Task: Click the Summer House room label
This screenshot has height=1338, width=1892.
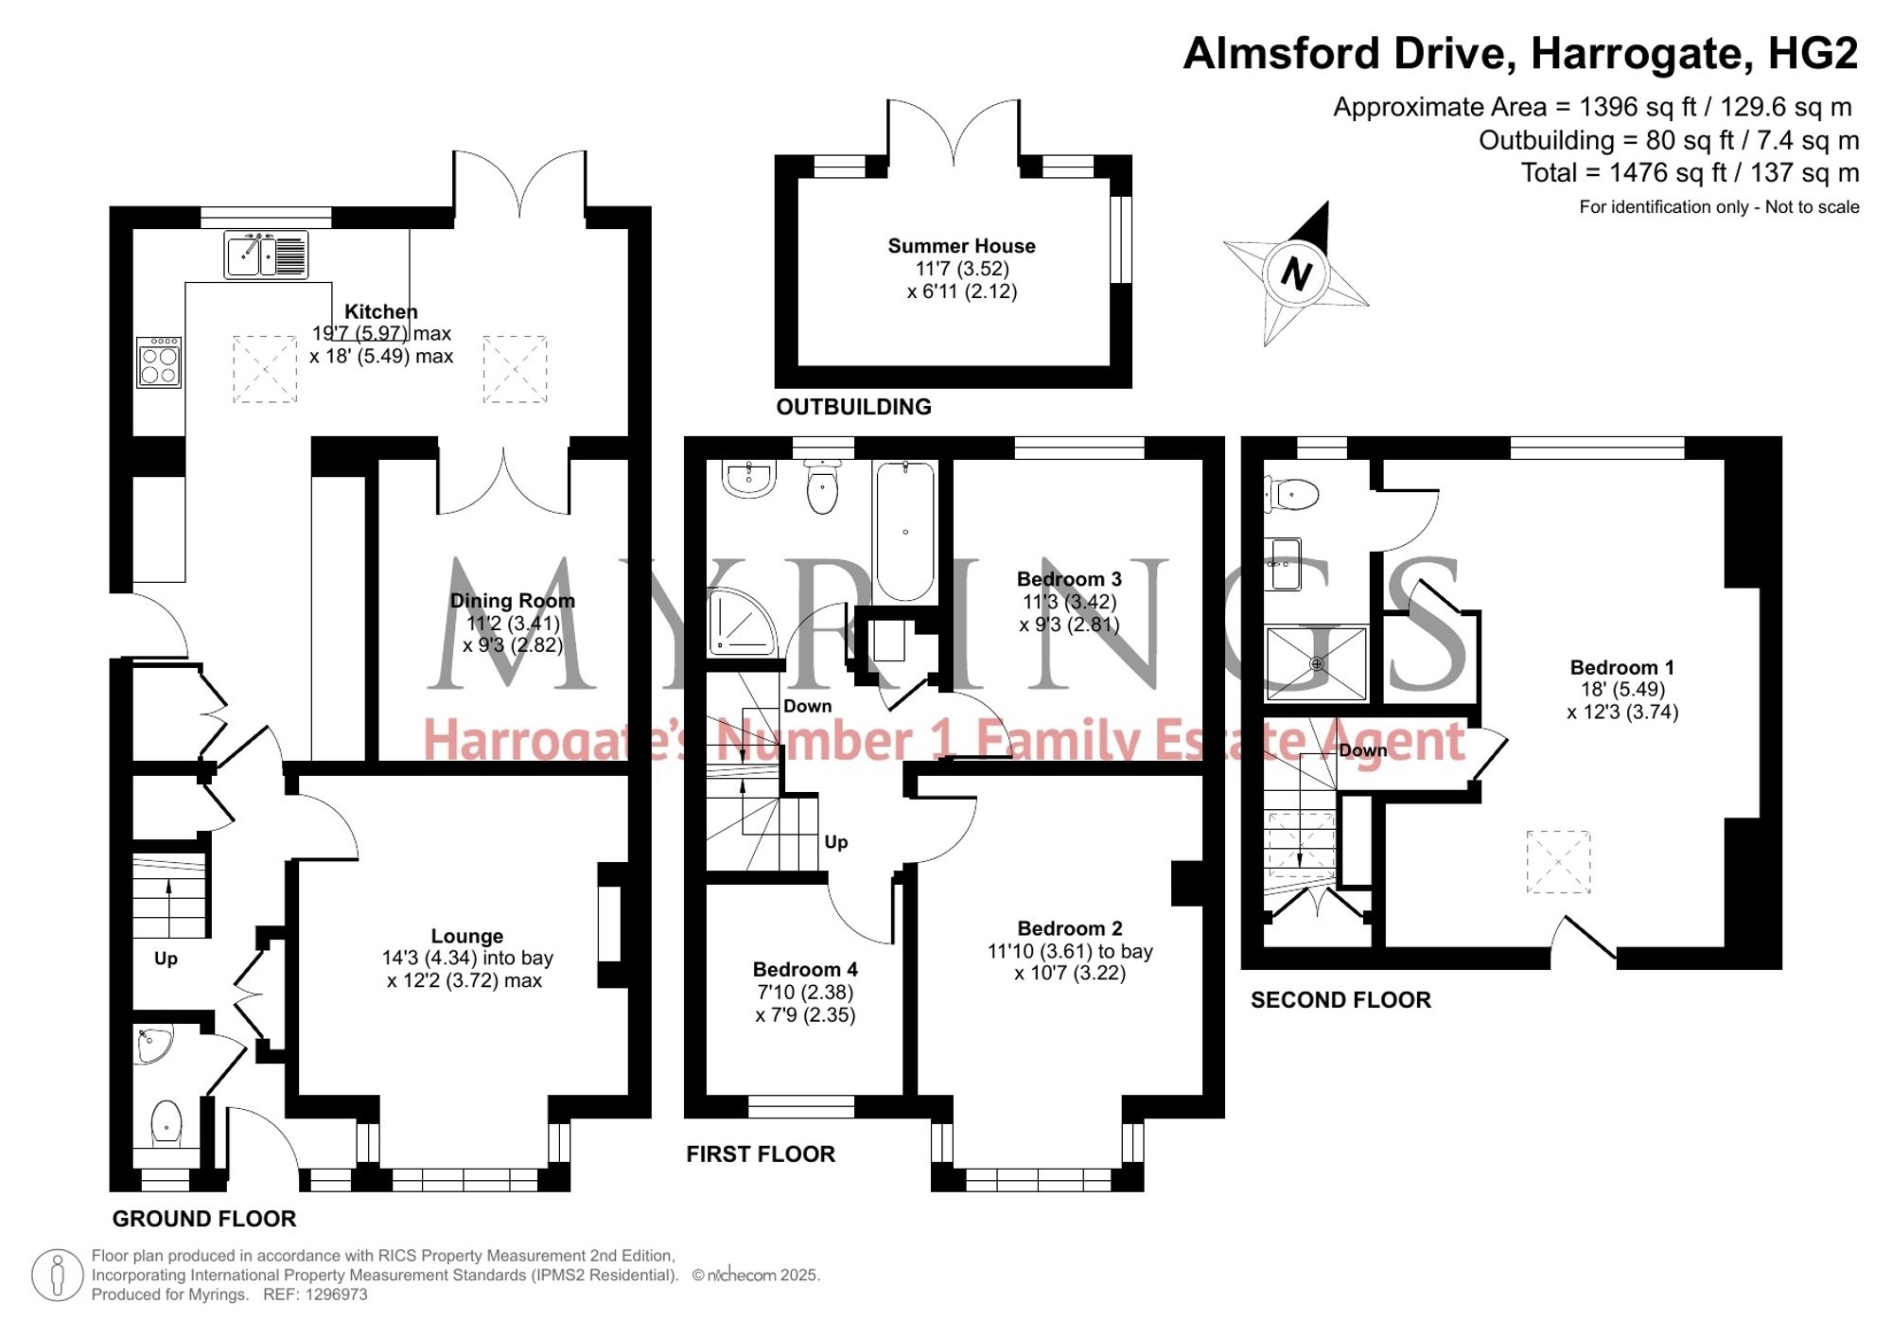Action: coord(961,246)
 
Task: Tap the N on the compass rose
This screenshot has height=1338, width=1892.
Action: coord(1296,274)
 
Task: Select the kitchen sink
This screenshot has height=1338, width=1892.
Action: coord(266,255)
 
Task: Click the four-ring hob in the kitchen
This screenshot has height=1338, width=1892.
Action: coord(159,362)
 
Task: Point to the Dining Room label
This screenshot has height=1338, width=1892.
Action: coord(513,601)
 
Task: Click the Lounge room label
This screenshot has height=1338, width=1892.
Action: coord(467,936)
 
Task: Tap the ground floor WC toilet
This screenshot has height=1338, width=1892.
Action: coord(166,1123)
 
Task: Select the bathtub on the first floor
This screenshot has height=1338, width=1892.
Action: coord(905,531)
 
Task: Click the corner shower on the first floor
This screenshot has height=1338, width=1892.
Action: coord(742,621)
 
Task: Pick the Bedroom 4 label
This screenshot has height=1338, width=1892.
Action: coord(805,970)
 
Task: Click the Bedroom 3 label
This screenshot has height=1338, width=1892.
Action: coord(1069,579)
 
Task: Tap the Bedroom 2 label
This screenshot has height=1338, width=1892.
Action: coord(1070,928)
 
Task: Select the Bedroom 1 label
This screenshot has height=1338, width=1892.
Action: coord(1622,667)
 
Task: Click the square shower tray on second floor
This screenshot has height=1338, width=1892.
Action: coord(1316,663)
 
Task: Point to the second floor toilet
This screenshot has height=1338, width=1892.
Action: coord(1292,494)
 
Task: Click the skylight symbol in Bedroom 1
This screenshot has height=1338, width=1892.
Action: coord(1558,862)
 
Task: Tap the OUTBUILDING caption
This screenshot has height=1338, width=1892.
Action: coord(853,407)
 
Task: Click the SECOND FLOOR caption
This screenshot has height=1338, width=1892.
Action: coord(1340,1000)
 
